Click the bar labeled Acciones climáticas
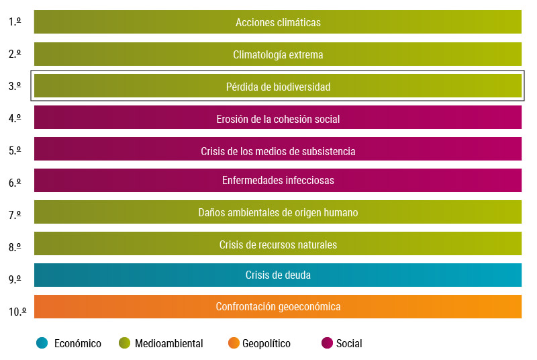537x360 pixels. click(x=278, y=22)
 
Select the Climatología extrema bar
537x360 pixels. click(x=278, y=54)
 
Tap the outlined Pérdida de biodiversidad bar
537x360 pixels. click(x=278, y=87)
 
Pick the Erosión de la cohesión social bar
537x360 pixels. click(x=278, y=118)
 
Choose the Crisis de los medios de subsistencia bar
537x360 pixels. click(x=278, y=150)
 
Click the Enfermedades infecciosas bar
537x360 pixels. click(x=278, y=180)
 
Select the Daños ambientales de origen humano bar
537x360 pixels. click(x=278, y=212)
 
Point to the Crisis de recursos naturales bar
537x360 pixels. click(x=278, y=244)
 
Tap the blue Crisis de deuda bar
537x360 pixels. click(x=278, y=275)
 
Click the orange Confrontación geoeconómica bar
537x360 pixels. click(x=278, y=306)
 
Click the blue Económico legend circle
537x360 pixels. click(x=42, y=343)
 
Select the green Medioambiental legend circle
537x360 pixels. click(x=124, y=343)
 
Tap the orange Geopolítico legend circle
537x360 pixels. click(x=234, y=343)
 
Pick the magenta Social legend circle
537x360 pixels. click(x=327, y=343)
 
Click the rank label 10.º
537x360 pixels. click(x=17, y=312)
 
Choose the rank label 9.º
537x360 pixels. click(x=15, y=279)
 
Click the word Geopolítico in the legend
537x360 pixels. click(x=266, y=344)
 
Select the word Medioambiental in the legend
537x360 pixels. click(x=169, y=344)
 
